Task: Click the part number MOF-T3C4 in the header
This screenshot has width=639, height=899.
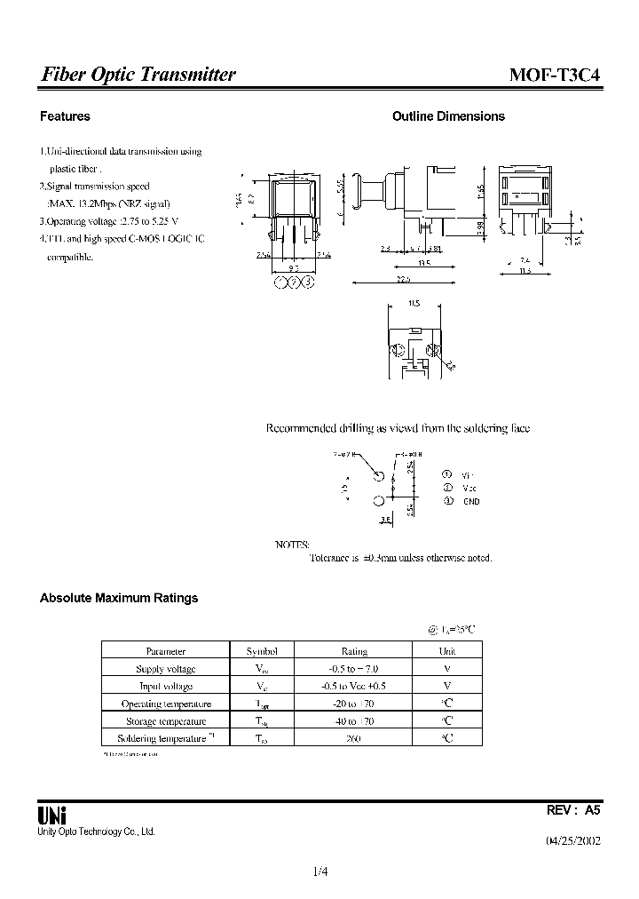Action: coord(555,76)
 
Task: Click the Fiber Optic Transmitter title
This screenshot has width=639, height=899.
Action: coord(138,76)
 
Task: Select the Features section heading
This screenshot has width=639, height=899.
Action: coord(65,116)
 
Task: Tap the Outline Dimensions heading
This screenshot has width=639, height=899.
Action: coord(448,116)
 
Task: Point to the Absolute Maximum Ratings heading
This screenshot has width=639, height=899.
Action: coord(119,598)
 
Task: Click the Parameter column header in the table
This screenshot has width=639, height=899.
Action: coord(165,651)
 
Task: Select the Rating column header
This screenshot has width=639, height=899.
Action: coord(354,651)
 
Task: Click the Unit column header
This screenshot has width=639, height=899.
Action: coord(446,651)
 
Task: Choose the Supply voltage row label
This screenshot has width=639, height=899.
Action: coord(165,669)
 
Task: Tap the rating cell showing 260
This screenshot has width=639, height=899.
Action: coord(354,738)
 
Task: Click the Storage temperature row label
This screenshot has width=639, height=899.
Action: coord(165,721)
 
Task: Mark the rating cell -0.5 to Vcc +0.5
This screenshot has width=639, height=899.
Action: coord(354,686)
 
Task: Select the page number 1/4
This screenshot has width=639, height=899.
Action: coord(319,871)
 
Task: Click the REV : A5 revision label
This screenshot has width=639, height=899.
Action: coord(573,810)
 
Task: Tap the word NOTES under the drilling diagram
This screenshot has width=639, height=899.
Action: coord(293,544)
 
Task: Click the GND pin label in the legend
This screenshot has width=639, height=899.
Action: coord(470,502)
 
